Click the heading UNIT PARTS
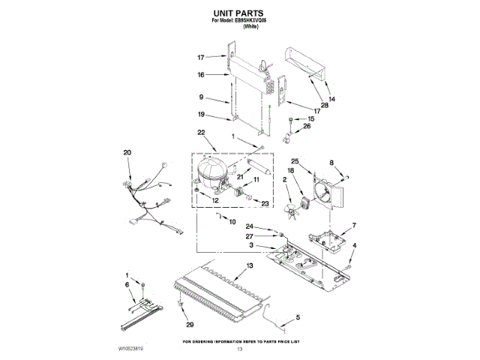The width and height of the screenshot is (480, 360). pyautogui.click(x=240, y=13)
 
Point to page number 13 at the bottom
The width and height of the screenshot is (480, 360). pyautogui.click(x=240, y=350)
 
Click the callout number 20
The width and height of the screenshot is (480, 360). pyautogui.click(x=127, y=152)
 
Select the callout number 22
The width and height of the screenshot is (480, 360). pyautogui.click(x=201, y=133)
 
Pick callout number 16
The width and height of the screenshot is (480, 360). pyautogui.click(x=201, y=75)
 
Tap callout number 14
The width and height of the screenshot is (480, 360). pyautogui.click(x=331, y=99)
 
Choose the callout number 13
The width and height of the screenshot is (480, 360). pyautogui.click(x=250, y=267)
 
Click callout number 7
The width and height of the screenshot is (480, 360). pyautogui.click(x=355, y=225)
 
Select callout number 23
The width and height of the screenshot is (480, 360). pyautogui.click(x=265, y=203)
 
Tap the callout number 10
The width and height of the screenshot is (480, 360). pyautogui.click(x=232, y=222)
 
